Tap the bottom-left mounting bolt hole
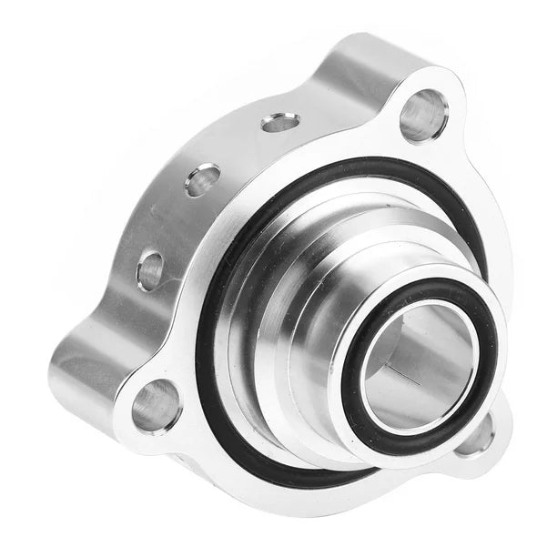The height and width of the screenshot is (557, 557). [x=157, y=406]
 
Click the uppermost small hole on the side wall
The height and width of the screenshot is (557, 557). [x=279, y=122]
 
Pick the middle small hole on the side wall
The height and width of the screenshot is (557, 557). [x=202, y=179]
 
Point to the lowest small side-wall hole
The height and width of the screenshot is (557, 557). [x=151, y=270]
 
